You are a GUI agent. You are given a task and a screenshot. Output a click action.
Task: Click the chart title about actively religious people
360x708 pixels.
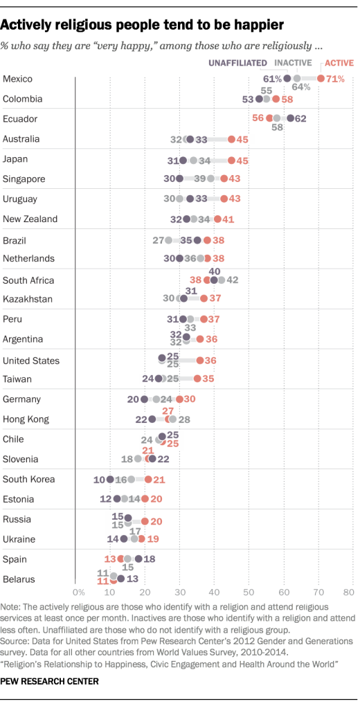[x=143, y=26]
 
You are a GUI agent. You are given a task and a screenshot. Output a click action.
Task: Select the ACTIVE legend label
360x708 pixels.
[x=339, y=63]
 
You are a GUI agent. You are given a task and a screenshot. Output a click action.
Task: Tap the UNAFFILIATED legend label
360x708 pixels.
[x=238, y=63]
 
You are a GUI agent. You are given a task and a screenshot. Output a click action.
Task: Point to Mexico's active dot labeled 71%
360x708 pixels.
[x=321, y=79]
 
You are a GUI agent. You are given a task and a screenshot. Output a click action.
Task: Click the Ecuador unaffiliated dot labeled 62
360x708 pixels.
[x=290, y=118]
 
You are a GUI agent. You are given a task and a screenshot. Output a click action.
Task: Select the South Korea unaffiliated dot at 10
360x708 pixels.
[x=109, y=479]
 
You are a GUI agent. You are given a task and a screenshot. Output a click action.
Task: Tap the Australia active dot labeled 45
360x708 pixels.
[x=231, y=139]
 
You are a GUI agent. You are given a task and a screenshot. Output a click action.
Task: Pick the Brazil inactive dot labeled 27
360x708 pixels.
[x=168, y=240]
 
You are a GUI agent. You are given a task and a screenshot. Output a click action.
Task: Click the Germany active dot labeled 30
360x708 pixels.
[x=179, y=399]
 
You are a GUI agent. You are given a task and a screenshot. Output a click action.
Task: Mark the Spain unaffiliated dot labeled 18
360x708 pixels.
[x=138, y=559]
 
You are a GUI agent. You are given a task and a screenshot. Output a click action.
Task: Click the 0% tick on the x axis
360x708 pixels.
[x=78, y=592]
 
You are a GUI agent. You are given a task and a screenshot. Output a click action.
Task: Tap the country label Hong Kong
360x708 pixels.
[x=26, y=419]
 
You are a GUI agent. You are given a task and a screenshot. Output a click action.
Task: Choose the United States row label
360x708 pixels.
[x=31, y=361]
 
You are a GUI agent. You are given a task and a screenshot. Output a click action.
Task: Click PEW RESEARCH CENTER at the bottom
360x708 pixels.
[x=49, y=682]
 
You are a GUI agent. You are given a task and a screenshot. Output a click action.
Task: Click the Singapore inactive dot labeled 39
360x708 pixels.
[x=210, y=179]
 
